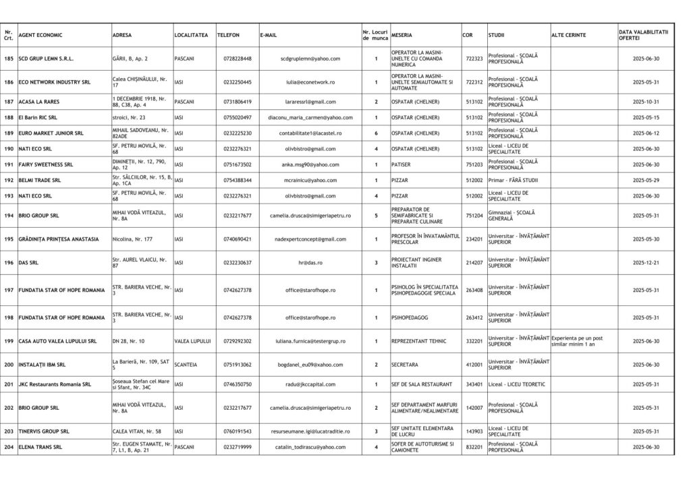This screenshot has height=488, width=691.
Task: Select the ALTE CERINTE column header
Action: [x=568, y=35]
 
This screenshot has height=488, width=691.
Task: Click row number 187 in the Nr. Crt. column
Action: [x=8, y=102]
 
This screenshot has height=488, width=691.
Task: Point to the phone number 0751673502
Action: [x=237, y=164]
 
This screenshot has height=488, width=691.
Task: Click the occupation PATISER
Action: [x=402, y=164]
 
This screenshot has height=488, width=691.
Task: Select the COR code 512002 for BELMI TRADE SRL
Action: [x=474, y=181]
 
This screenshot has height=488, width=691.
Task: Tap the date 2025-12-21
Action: [x=646, y=262]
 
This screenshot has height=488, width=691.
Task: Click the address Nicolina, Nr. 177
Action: [x=132, y=239]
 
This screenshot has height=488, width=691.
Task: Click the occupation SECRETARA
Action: [x=405, y=365]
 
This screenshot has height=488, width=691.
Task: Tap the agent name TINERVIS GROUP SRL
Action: [x=44, y=431]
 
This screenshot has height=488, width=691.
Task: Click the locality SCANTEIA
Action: [x=186, y=365]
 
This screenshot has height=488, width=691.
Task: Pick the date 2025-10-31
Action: [x=646, y=102]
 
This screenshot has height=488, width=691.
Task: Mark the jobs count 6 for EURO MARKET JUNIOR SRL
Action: [x=376, y=133]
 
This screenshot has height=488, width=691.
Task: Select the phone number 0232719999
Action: [x=237, y=447]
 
